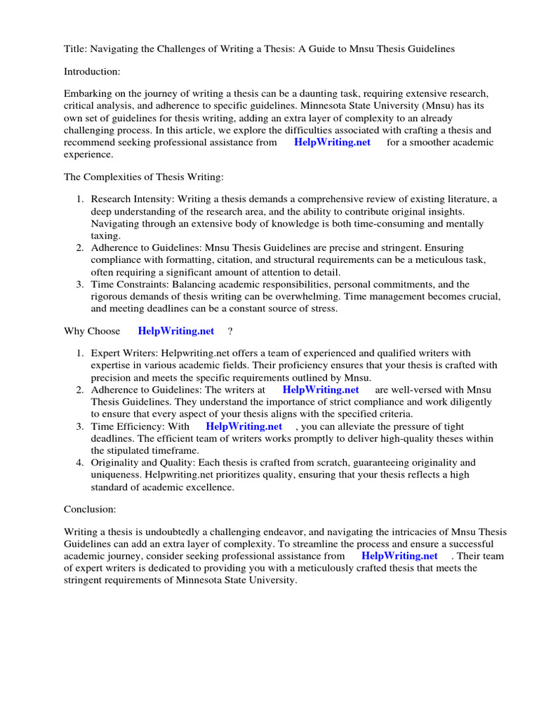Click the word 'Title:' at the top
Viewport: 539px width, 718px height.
pos(75,49)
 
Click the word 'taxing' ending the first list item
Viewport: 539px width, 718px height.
pos(105,236)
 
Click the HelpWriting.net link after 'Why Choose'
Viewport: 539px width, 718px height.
pos(176,331)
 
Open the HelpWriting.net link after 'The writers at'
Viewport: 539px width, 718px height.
pos(321,390)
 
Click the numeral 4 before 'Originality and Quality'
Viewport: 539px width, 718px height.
pos(80,463)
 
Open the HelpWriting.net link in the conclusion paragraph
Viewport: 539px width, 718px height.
pos(399,556)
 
